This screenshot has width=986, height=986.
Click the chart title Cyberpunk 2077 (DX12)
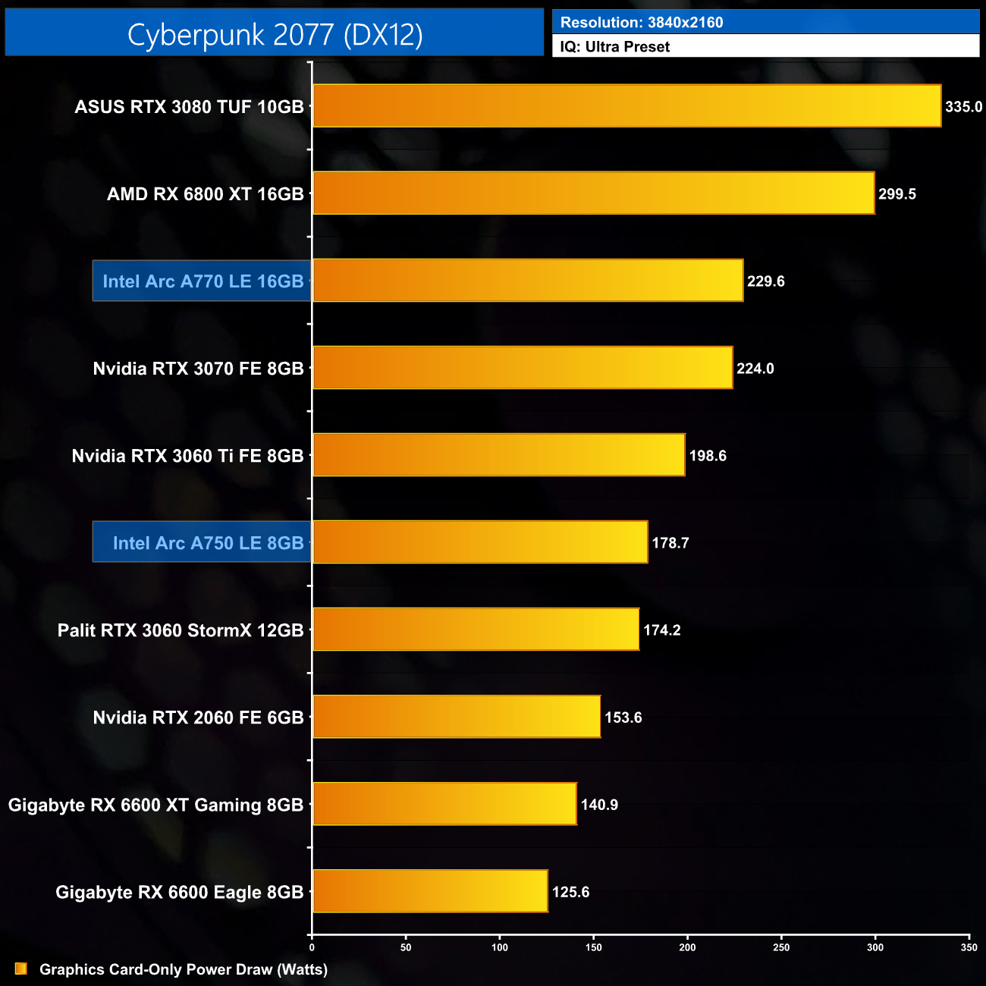(x=275, y=34)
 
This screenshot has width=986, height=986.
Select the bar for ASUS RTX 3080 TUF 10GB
(x=626, y=106)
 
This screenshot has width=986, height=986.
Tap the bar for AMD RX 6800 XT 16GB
(x=593, y=193)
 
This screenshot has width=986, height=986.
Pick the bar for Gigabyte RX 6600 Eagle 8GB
(x=430, y=891)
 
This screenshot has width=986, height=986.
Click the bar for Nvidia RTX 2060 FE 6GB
(x=457, y=717)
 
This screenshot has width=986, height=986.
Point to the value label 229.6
(x=765, y=281)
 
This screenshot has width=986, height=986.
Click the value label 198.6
(x=707, y=456)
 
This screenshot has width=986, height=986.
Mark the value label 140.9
(x=599, y=805)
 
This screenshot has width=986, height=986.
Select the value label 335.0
(x=963, y=107)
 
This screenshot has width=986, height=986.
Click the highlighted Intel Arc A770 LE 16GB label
(x=203, y=281)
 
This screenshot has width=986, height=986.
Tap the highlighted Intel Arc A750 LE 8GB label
(x=208, y=543)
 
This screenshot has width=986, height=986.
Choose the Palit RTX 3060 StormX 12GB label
(x=181, y=630)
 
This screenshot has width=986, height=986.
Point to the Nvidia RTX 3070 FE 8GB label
(x=198, y=369)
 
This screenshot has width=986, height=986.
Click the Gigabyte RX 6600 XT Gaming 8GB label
(x=155, y=805)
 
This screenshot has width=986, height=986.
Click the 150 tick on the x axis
(x=594, y=947)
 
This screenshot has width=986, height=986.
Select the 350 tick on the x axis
(x=969, y=947)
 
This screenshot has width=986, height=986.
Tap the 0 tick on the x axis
(x=312, y=947)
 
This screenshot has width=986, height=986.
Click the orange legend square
(x=20, y=969)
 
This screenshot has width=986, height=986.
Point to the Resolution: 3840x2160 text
(x=642, y=23)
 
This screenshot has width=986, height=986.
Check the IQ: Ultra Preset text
(x=614, y=47)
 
